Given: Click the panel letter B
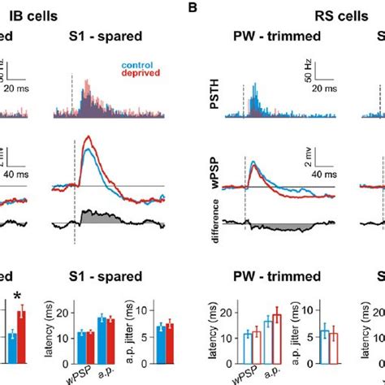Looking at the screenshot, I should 192,9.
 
